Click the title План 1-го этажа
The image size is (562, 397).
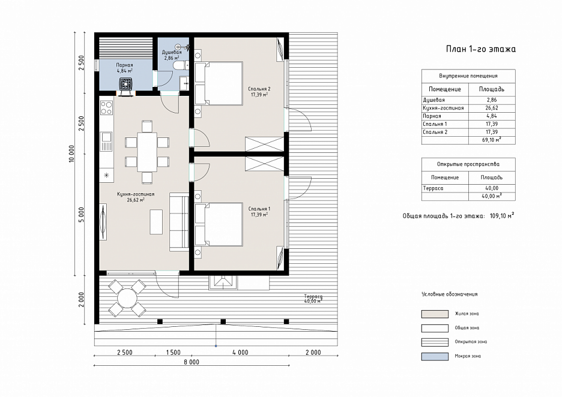[x=480, y=49]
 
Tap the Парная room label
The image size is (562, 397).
[x=124, y=65]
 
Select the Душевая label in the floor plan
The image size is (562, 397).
[x=172, y=52]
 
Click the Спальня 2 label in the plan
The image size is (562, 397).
[x=259, y=89]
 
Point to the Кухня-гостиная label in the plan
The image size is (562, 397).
[x=136, y=194]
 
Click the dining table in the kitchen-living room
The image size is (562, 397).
[x=147, y=152]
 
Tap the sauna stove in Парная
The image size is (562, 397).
[x=126, y=85]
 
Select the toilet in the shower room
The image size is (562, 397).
[x=180, y=65]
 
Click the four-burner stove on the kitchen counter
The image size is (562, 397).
[x=106, y=108]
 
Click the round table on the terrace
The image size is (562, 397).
[x=127, y=298]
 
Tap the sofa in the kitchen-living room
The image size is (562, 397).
[x=179, y=222]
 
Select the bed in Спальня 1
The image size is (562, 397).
[x=219, y=224]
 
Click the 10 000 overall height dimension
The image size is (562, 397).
[x=71, y=154]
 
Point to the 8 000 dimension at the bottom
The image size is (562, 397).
[x=192, y=362]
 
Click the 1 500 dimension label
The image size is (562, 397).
[x=173, y=352]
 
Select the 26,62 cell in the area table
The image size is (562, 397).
[x=492, y=108]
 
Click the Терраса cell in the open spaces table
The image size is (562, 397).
[x=433, y=188]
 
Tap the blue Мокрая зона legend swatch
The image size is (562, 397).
[x=435, y=356]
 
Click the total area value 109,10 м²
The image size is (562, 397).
[x=502, y=215]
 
